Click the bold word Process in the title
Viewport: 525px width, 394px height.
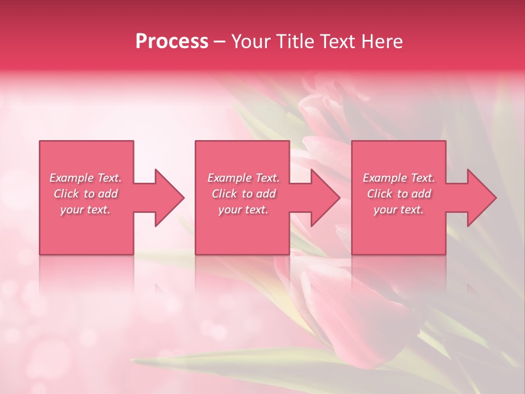[172, 42]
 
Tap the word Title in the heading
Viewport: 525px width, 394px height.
[292, 42]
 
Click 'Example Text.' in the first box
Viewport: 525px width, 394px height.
[85, 178]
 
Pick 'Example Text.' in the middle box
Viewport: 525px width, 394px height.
[243, 178]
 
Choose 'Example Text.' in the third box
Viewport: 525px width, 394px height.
[399, 178]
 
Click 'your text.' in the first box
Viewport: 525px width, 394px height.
[85, 210]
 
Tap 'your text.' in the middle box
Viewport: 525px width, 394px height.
[243, 210]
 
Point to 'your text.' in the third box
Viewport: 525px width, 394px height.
[399, 210]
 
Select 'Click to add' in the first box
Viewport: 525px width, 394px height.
[85, 194]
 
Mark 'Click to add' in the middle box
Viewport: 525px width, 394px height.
[243, 194]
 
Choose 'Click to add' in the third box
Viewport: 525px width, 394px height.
[399, 194]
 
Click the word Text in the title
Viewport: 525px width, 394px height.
[337, 42]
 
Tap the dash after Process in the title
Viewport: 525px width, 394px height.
[219, 42]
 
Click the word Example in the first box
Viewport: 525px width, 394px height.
[71, 178]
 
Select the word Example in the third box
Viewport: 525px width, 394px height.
[384, 178]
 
